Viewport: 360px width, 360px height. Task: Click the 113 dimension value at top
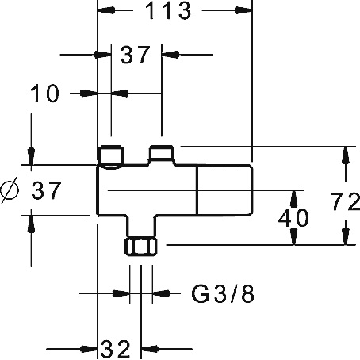coord(168,11)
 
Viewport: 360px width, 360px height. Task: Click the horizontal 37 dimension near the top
coord(135,55)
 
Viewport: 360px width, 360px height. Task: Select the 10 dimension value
coord(44,94)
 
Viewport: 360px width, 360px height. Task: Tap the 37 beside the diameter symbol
coord(46,190)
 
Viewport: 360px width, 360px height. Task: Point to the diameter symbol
coord(10,190)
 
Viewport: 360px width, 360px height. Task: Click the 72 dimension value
coord(346,201)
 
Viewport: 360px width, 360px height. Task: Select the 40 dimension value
coord(293,218)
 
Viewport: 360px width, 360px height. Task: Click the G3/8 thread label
coord(223,293)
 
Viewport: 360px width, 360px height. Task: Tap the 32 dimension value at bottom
coord(116,349)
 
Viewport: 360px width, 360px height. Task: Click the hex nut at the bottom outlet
coord(141,247)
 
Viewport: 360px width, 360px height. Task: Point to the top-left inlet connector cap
coord(110,156)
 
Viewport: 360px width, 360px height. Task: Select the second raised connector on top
coord(162,155)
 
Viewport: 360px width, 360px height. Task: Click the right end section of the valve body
coord(225,190)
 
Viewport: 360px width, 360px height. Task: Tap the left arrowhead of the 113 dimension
coord(106,10)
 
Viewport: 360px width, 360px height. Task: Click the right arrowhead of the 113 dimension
coord(243,10)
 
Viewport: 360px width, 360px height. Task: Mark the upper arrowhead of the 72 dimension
coord(346,155)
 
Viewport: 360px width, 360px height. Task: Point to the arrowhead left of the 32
coord(89,349)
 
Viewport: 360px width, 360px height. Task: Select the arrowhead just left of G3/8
coord(121,293)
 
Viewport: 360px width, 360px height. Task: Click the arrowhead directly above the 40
coord(293,199)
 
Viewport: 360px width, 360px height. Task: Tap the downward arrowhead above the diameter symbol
coord(32,156)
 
